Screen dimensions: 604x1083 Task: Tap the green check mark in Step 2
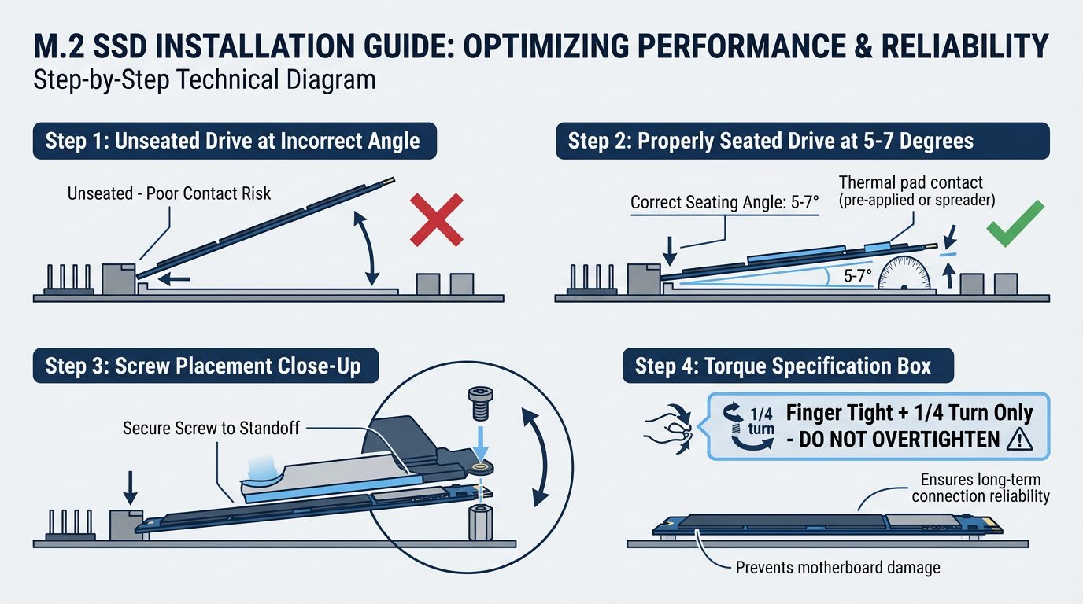[x=1015, y=223]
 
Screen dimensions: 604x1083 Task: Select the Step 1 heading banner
[x=232, y=142]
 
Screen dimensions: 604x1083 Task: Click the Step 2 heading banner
[x=770, y=142]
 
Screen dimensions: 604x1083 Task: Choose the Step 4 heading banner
[x=787, y=366]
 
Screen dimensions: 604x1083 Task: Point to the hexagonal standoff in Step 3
[x=478, y=522]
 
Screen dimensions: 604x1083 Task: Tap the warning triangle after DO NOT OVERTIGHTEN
[x=1018, y=440]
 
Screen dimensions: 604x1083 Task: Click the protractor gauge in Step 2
[x=904, y=274]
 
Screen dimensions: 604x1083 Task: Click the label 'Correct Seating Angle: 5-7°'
[x=725, y=203]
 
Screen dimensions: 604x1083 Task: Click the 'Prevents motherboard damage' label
[x=837, y=567]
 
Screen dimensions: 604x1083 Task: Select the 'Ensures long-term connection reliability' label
[x=982, y=488]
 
